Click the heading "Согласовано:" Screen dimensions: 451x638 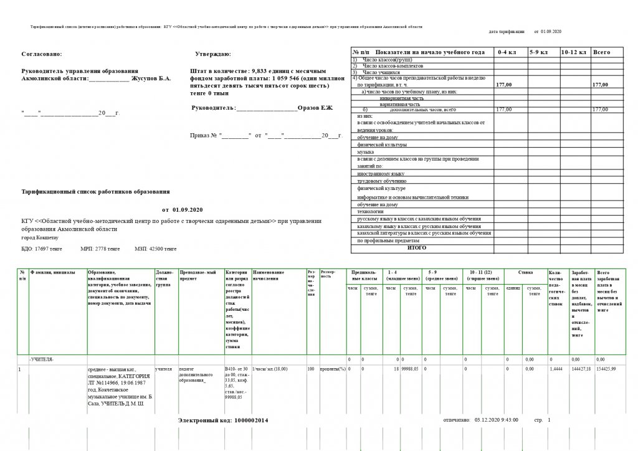[x=42, y=54]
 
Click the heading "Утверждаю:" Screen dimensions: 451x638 [x=213, y=54]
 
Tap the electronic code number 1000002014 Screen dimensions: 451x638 [x=251, y=420]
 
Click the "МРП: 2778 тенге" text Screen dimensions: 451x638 [x=100, y=249]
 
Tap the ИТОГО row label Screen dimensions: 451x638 [x=417, y=248]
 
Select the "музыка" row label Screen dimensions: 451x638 [x=365, y=152]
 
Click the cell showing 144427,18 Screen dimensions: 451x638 [x=580, y=370]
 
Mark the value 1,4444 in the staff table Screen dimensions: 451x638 [x=556, y=370]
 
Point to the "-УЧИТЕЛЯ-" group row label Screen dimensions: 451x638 [x=42, y=360]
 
